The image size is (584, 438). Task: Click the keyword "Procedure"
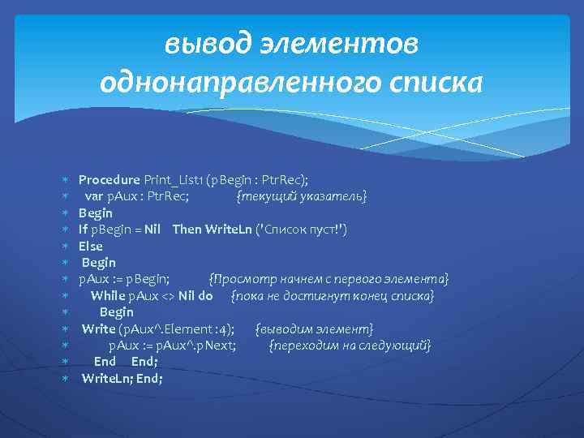click(109, 180)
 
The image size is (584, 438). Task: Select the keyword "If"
click(83, 230)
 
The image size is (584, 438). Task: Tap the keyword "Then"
click(187, 230)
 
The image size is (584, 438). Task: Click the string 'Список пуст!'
click(302, 230)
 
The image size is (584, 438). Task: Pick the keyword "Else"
click(91, 246)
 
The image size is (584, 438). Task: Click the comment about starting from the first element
click(328, 279)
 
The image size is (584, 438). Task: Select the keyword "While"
click(108, 295)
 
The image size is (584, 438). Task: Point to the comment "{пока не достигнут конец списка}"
click(333, 295)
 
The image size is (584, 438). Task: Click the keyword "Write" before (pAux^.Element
click(98, 328)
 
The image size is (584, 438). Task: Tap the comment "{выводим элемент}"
click(314, 328)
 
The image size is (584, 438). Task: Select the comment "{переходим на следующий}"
click(350, 346)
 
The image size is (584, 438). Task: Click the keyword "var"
click(93, 196)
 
